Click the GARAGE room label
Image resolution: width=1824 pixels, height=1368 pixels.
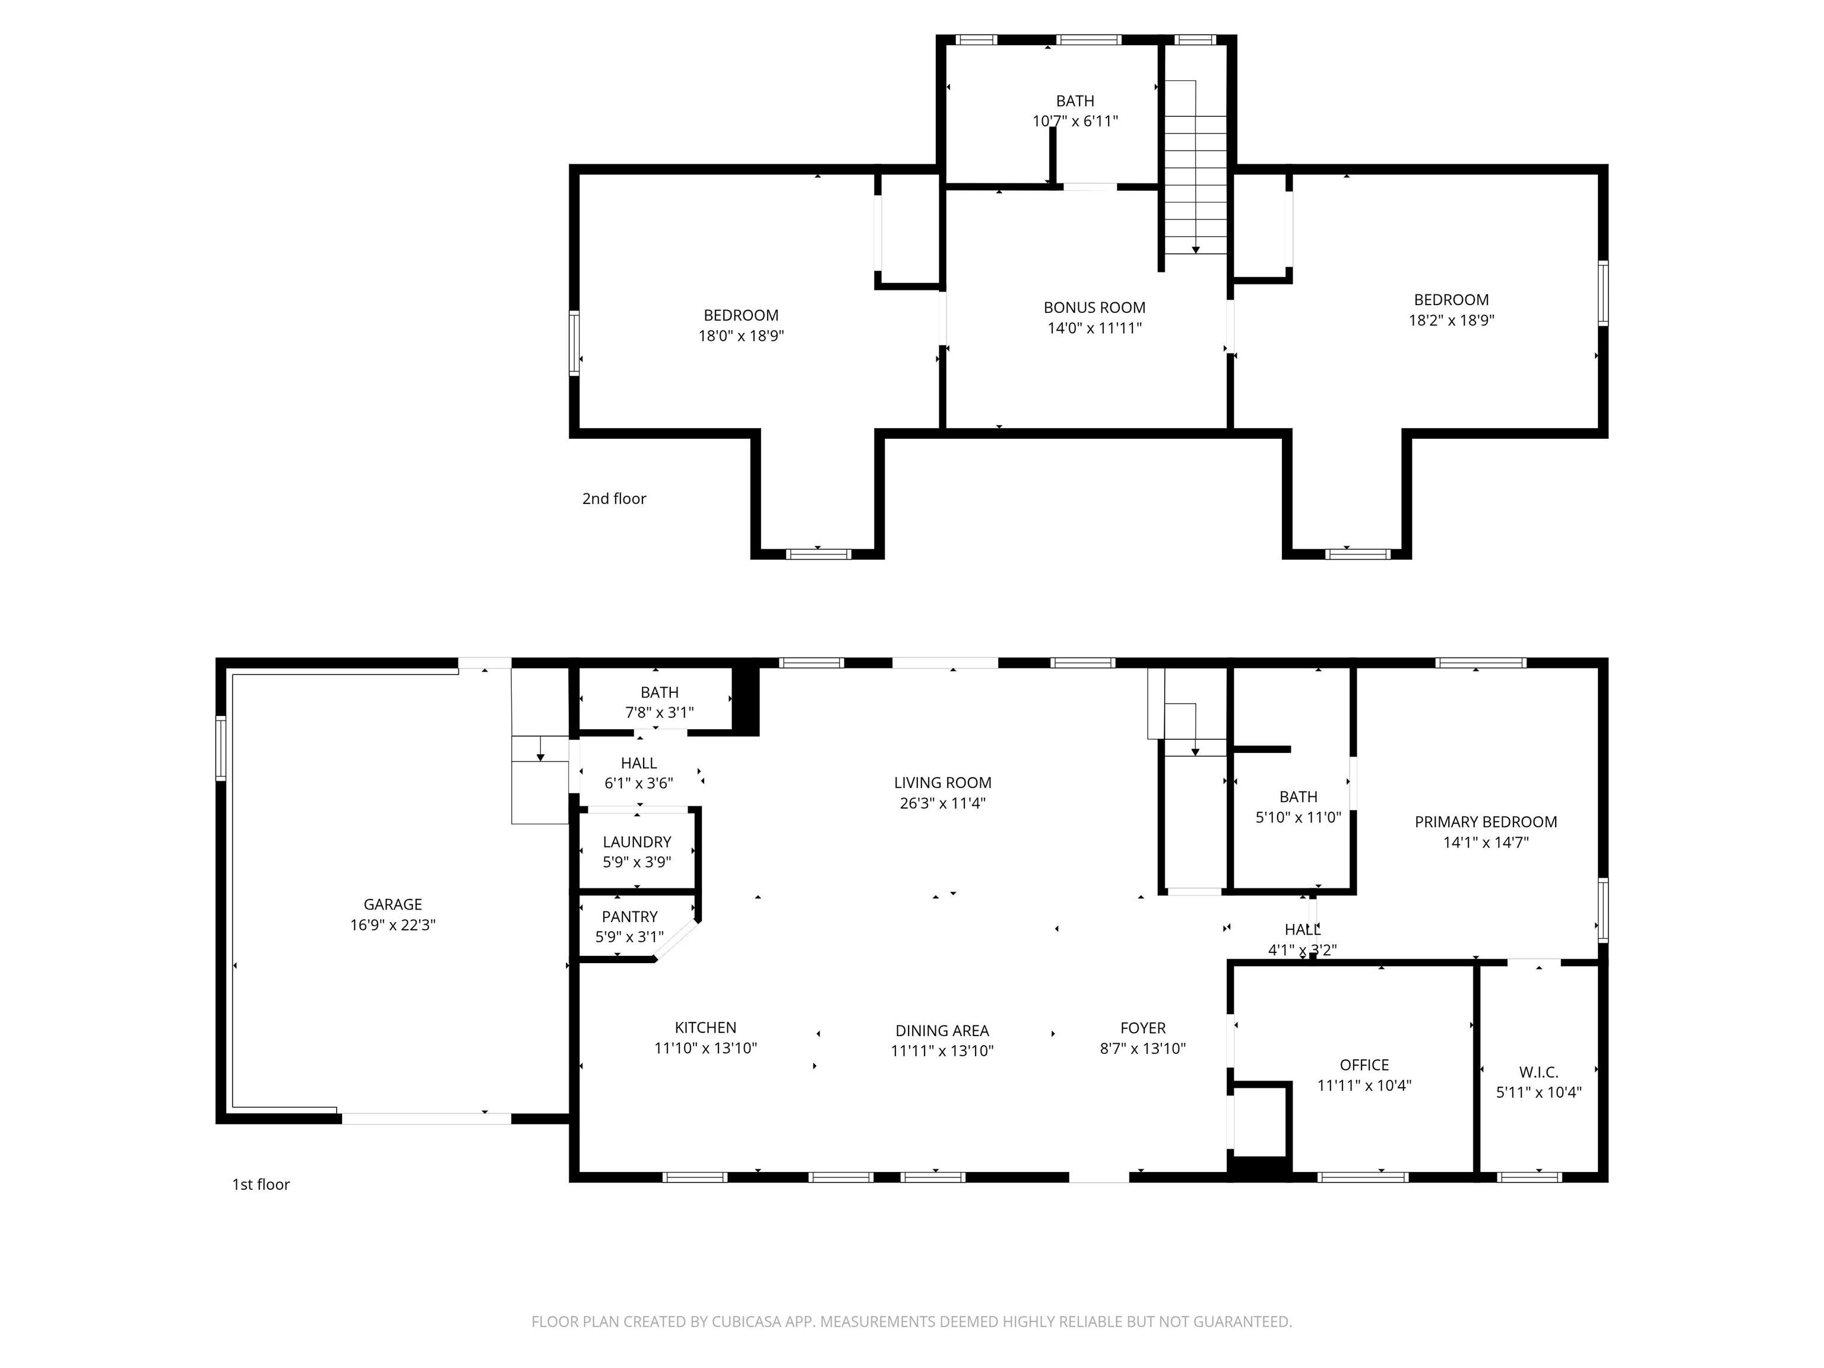pyautogui.click(x=392, y=905)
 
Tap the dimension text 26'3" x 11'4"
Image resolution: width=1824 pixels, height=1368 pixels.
pyautogui.click(x=942, y=803)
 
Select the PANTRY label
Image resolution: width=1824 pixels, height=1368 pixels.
pyautogui.click(x=630, y=917)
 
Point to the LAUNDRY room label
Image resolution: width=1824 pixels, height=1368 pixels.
pyautogui.click(x=636, y=842)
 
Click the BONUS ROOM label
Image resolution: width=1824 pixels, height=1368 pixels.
pyautogui.click(x=1094, y=308)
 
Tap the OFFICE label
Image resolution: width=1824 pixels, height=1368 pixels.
pyautogui.click(x=1364, y=1065)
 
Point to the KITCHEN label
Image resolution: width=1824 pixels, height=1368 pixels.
pyautogui.click(x=706, y=1027)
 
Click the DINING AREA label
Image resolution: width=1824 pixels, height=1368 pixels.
pyautogui.click(x=942, y=1031)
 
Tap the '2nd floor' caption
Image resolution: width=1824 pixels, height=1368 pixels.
pyautogui.click(x=615, y=498)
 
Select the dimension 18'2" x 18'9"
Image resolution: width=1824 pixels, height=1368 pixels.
pyautogui.click(x=1451, y=320)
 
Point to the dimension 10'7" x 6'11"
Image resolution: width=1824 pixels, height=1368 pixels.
pyautogui.click(x=1075, y=121)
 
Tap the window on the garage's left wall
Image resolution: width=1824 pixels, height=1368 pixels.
pyautogui.click(x=221, y=748)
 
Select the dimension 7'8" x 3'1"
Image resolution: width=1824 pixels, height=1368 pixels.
pyautogui.click(x=660, y=712)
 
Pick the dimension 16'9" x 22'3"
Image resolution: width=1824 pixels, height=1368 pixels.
pyautogui.click(x=392, y=925)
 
